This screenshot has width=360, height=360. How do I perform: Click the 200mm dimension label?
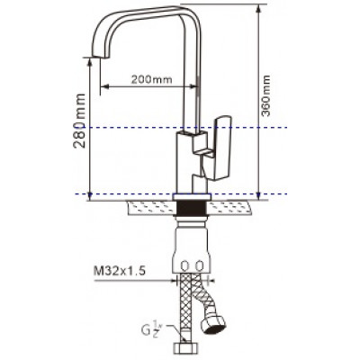point(152,79)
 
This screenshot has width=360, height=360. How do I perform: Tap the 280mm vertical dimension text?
point(79,121)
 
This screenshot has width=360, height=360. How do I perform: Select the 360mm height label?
point(265,95)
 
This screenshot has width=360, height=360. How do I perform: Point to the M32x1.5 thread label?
point(120,272)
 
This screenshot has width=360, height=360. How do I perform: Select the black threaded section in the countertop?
point(192,208)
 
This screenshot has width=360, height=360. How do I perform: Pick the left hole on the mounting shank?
point(184,265)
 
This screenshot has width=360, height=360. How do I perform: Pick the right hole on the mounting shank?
point(200,265)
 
